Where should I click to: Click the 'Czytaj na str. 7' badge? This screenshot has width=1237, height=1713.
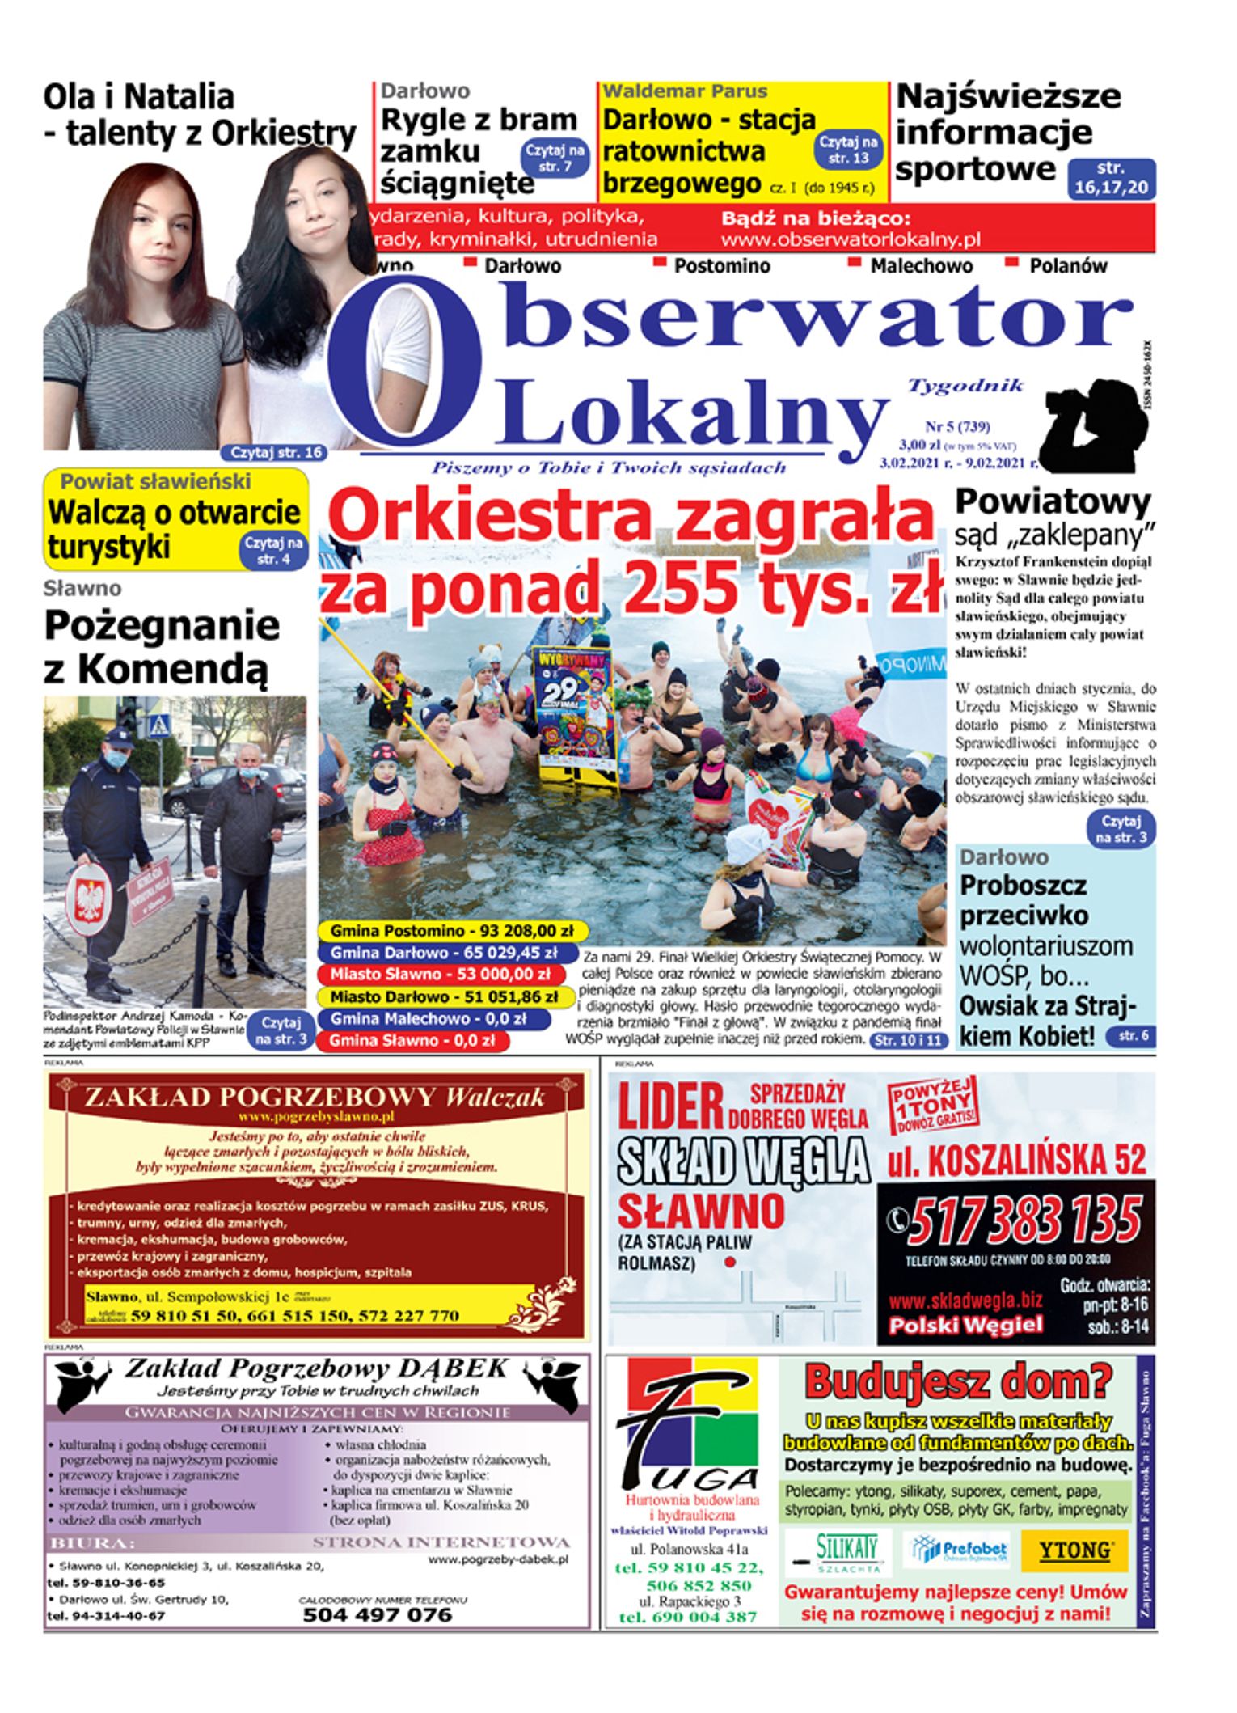point(555,158)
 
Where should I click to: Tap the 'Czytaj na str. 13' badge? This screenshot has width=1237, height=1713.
point(849,150)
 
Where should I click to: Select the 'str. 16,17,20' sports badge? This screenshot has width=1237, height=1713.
point(1111,178)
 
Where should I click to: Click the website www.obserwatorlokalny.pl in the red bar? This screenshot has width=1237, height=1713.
point(851,239)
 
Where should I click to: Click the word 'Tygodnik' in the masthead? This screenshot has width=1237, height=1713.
point(965,386)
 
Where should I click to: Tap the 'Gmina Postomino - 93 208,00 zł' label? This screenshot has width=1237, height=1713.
point(451,930)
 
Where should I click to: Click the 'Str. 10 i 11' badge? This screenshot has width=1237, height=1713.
point(908,1040)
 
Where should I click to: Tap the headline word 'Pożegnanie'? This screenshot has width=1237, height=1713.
point(162,625)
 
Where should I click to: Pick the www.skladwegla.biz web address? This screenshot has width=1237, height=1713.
point(965,1301)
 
